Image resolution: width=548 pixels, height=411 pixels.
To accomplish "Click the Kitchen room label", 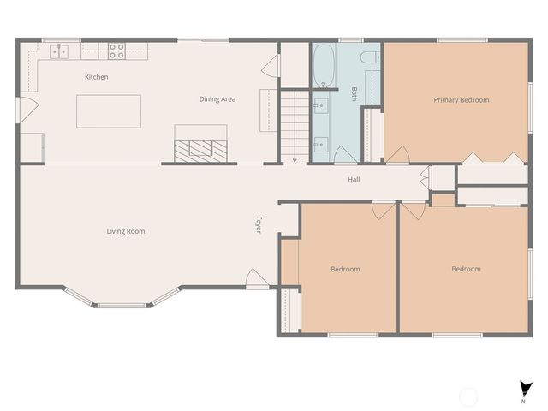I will tap(96, 77).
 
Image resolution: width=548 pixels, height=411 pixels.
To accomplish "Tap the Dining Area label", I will tap(217, 99).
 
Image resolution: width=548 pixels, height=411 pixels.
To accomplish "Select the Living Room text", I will tap(126, 231).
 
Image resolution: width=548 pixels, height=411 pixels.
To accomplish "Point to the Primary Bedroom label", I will tap(461, 100).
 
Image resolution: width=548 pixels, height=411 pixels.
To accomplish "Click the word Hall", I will tap(354, 180).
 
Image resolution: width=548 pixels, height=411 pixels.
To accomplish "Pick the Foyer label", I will tap(258, 226).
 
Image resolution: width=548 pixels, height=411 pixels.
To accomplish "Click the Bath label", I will tap(354, 93).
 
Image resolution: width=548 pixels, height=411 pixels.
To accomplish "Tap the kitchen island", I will tap(108, 111).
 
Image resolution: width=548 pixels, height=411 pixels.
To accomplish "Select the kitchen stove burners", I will tap(116, 51).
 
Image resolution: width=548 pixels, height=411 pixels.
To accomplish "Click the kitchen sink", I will tap(59, 52).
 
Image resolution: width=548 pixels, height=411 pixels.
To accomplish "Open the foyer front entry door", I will tap(255, 279).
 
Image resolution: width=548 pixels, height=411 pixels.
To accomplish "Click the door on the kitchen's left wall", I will tap(26, 110).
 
